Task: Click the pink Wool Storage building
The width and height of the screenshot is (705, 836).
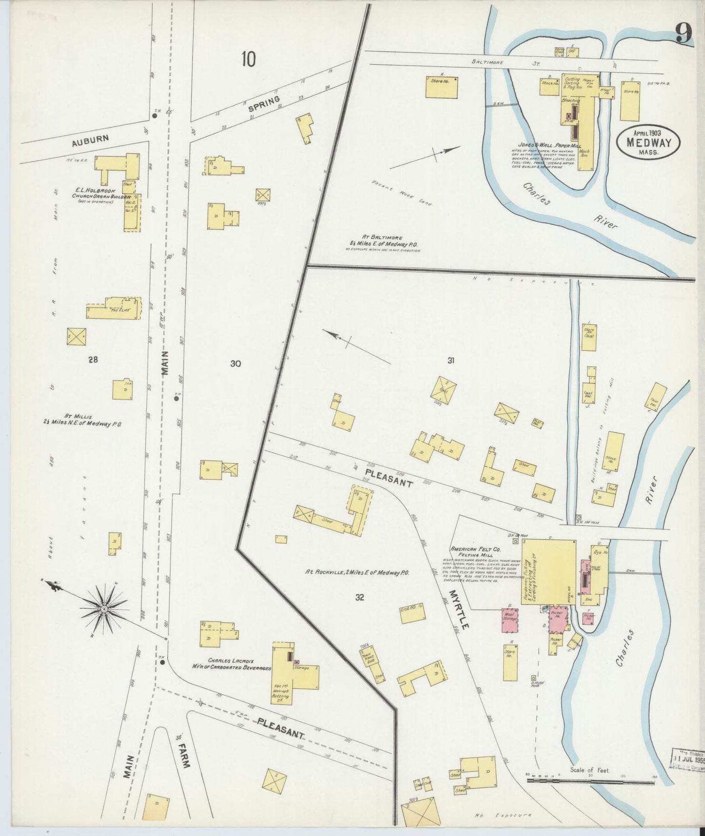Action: (510, 620)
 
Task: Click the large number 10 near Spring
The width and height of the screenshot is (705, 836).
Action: (248, 59)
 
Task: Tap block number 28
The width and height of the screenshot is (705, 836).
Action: (93, 359)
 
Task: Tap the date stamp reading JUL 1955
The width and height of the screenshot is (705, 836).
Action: (688, 773)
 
